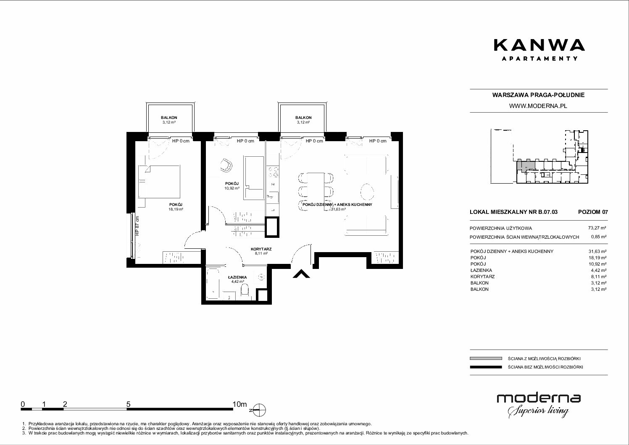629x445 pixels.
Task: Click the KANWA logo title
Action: pos(539,45)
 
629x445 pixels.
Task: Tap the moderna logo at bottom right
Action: pos(539,406)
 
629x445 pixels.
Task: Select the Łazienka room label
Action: pos(237,277)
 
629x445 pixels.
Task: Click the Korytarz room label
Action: pos(261,249)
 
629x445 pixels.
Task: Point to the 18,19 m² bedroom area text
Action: pos(176,209)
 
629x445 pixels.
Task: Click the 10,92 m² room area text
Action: pos(232,188)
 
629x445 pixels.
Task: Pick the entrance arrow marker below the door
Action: pos(301,274)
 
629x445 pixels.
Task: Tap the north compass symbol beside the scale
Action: pos(259,410)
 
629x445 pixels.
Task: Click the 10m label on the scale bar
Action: pos(239,404)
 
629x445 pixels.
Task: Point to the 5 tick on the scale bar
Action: pos(128,404)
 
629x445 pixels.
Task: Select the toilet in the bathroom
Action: pos(245,289)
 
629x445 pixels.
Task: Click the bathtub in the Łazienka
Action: pos(213,284)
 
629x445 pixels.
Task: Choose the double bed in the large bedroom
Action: pos(159,182)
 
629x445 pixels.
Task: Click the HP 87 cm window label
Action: pos(137,226)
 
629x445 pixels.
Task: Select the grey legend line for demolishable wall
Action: pos(486,358)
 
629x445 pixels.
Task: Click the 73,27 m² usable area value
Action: pos(597,228)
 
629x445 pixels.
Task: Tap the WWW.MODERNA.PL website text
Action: pos(539,106)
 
